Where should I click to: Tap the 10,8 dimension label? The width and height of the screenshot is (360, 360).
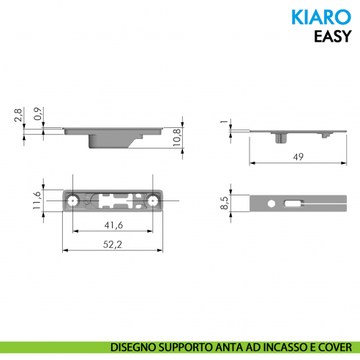coord(176,138)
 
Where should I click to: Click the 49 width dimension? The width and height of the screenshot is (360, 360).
coord(298,157)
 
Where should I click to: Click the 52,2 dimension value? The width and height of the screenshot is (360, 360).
coord(113,244)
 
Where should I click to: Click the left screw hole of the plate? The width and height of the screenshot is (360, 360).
coord(73,200)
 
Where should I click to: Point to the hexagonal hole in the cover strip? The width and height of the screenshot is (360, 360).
coord(271,203)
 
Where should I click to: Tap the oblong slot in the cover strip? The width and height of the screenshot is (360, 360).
coord(292,203)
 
